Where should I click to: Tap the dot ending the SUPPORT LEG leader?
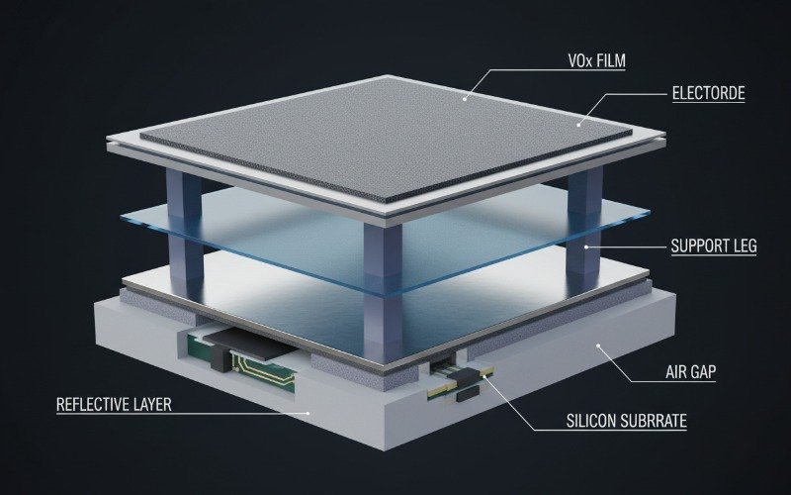586,247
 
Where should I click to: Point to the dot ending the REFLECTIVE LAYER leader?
309,413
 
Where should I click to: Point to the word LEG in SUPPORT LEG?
739,246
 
